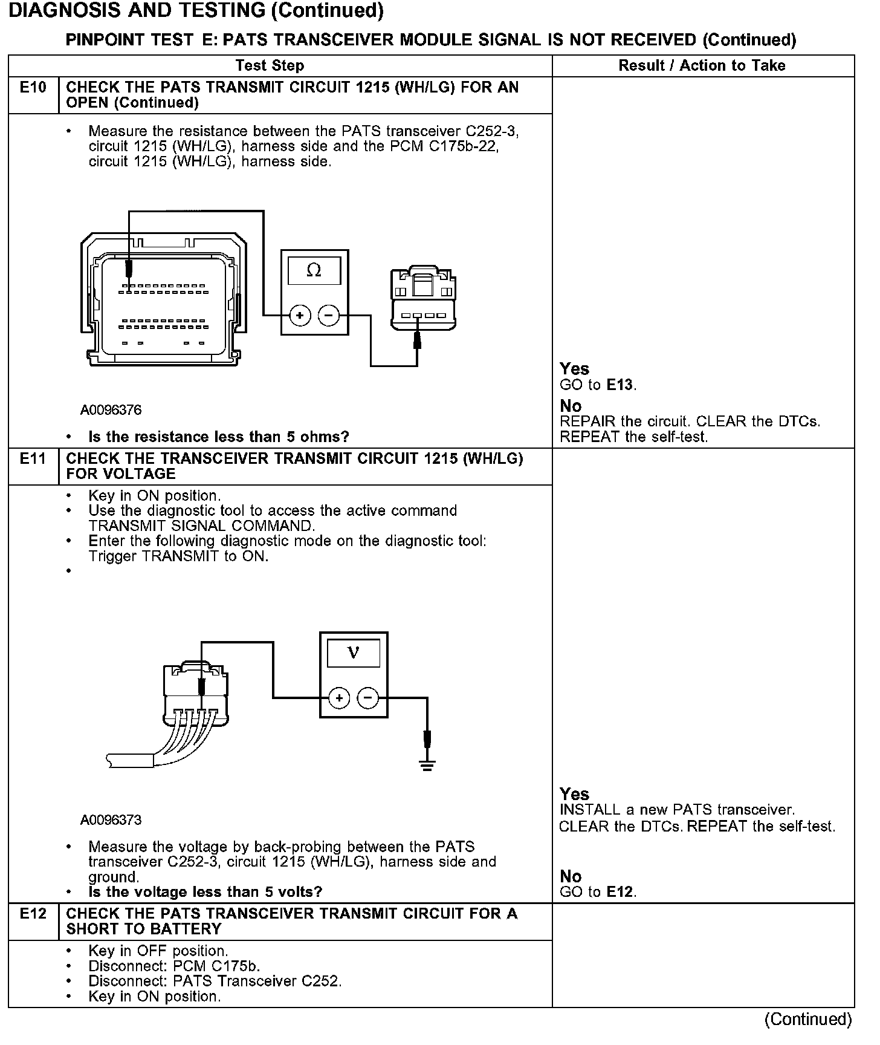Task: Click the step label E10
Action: [x=33, y=88]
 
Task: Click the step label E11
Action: [x=33, y=459]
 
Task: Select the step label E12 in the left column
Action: [x=33, y=914]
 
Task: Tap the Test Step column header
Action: [x=270, y=65]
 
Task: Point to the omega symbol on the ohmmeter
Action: [x=314, y=271]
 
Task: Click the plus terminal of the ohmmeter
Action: [x=300, y=315]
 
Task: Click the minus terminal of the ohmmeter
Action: [x=328, y=315]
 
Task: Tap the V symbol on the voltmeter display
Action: [x=354, y=653]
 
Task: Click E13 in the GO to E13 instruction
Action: [x=621, y=385]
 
